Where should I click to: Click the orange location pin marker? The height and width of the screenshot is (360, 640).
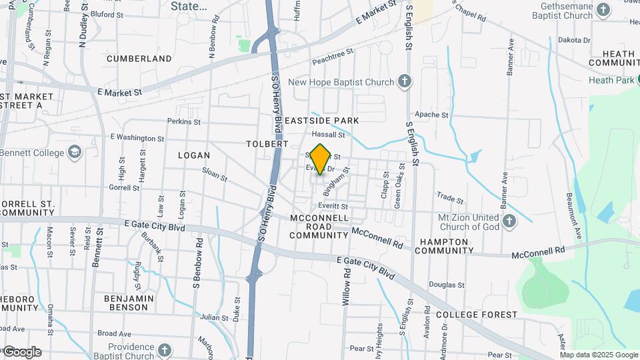[x=321, y=159]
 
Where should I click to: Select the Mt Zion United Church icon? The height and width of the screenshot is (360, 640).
[x=509, y=221]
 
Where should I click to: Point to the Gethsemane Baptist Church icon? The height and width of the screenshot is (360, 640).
[x=604, y=10]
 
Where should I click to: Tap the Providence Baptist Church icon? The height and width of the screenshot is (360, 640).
[x=165, y=349]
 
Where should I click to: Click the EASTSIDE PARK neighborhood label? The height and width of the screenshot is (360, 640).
[x=321, y=121]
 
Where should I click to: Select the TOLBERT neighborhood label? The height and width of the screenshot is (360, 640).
[x=267, y=144]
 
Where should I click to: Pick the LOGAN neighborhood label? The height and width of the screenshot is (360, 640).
[x=194, y=155]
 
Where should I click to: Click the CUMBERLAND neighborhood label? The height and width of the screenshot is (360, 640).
[x=139, y=59]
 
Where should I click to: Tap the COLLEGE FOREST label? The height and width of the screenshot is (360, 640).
[x=477, y=314]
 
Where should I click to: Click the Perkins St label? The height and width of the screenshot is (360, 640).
[x=184, y=121]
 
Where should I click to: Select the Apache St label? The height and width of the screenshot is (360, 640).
[x=435, y=115]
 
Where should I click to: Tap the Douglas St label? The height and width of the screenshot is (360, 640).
[x=446, y=285]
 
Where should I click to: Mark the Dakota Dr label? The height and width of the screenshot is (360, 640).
[x=574, y=41]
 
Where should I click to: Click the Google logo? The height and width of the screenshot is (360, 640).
[x=22, y=352]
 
